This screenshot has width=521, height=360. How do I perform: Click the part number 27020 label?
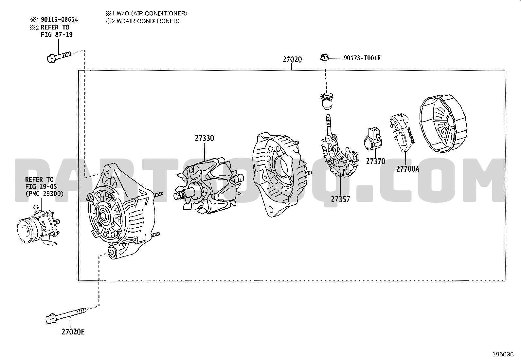click(292, 60)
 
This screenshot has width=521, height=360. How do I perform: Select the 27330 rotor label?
click(204, 138)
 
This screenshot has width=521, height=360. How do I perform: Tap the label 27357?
click(340, 199)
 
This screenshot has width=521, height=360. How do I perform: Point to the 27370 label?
click(375, 161)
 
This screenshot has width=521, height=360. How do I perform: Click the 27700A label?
click(407, 169)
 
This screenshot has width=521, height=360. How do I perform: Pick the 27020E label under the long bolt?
click(73, 332)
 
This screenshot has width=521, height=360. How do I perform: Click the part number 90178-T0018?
click(362, 58)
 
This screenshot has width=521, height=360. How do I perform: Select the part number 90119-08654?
click(59, 20)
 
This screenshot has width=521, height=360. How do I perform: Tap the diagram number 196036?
click(503, 354)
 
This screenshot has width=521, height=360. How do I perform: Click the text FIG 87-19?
click(57, 35)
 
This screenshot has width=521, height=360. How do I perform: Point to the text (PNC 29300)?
click(45, 194)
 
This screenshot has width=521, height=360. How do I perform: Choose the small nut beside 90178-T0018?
click(324, 57)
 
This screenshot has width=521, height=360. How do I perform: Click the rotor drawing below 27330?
click(208, 186)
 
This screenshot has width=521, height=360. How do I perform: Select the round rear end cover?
click(443, 123)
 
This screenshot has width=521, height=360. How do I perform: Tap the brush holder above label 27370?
click(373, 139)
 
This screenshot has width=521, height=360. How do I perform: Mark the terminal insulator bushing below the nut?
click(327, 101)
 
